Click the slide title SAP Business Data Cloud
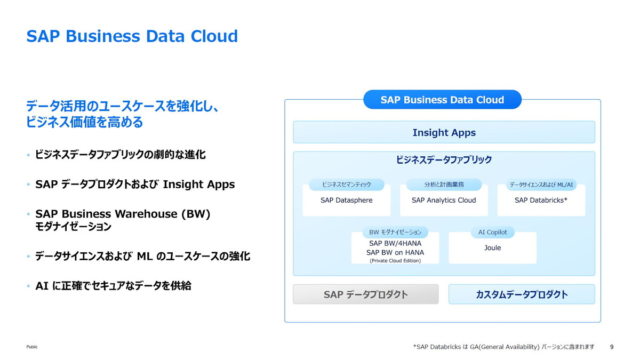coord(132,36)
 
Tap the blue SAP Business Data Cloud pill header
coord(442,100)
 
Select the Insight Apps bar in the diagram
coord(444,132)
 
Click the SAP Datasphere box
coord(346,201)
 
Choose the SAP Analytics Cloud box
coord(444,201)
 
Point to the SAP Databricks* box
coord(541,201)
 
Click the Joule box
coord(492,249)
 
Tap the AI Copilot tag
coord(492,233)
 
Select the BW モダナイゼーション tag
coord(395,233)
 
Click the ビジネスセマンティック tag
coord(346,185)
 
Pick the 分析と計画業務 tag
coord(444,185)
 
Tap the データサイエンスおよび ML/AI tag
coord(541,185)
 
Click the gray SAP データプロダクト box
coord(365,294)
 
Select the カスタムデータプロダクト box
coord(521,294)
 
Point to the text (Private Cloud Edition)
coord(395,261)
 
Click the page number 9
coord(611,347)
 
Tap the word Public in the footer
coord(32,347)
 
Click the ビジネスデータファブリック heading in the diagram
coord(444,159)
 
